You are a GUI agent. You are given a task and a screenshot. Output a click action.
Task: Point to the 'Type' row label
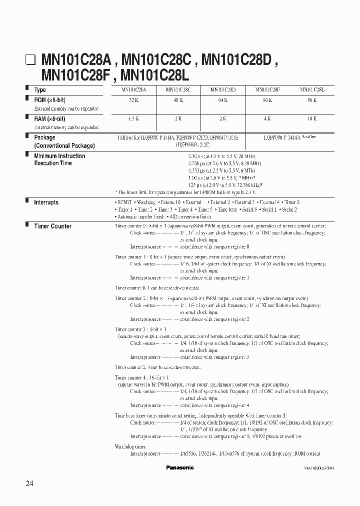(x=40, y=90)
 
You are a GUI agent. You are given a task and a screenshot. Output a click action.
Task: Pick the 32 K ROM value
(x=134, y=100)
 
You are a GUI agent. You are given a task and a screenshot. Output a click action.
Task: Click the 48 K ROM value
(x=178, y=100)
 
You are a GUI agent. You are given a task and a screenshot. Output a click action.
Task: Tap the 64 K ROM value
(x=223, y=100)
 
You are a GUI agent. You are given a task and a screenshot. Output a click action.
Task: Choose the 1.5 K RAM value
(x=134, y=119)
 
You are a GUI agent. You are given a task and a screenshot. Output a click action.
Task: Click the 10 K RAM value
(x=312, y=119)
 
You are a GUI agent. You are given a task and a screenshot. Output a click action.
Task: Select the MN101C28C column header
(x=178, y=90)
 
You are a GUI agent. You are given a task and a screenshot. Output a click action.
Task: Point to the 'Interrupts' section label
(x=46, y=202)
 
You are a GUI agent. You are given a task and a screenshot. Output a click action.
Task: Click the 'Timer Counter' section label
(x=52, y=226)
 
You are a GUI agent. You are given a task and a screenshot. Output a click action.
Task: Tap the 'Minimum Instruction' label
(x=59, y=156)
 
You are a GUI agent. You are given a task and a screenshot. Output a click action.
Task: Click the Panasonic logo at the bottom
(x=179, y=467)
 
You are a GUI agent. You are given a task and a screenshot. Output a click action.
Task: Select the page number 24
(x=31, y=483)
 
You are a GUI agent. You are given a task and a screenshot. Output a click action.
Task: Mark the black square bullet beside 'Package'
(x=27, y=136)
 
